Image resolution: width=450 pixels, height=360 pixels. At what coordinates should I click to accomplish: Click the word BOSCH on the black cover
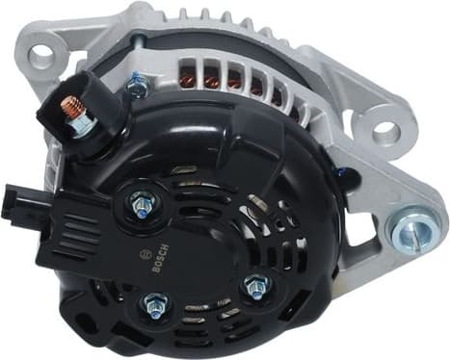click(x=158, y=259)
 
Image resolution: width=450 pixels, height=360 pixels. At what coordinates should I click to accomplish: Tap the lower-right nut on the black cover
click(x=256, y=285)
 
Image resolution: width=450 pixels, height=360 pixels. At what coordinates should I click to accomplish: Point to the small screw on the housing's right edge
click(x=340, y=173)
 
